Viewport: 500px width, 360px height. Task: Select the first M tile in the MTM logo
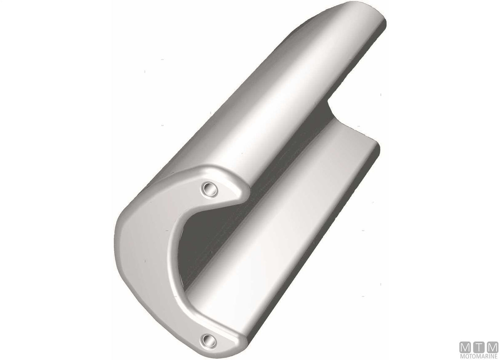(x=465, y=347)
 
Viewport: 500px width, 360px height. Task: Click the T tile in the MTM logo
(x=479, y=347)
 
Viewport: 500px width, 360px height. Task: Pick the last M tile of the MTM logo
(x=492, y=347)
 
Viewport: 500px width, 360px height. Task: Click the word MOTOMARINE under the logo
(x=479, y=356)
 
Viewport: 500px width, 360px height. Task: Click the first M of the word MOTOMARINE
(x=462, y=356)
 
